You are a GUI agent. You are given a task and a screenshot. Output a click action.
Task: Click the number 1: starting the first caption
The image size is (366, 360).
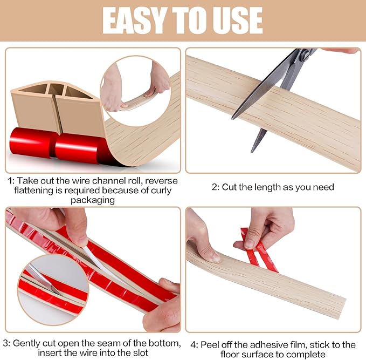[x=12, y=181]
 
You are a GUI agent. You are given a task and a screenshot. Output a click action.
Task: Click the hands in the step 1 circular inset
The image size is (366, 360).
[x=135, y=86]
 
